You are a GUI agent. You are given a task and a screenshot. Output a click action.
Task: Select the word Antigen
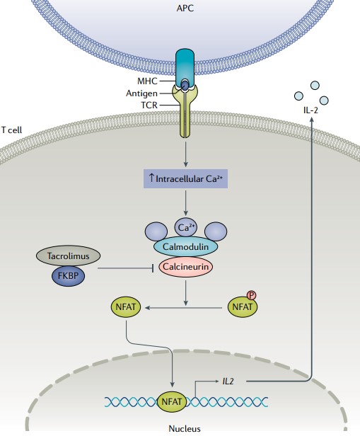pos(141,93)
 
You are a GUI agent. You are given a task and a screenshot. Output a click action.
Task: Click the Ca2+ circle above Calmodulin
pos(185,227)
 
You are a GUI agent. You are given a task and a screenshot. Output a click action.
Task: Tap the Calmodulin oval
pos(185,246)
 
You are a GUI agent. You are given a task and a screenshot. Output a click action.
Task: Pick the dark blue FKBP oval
pos(68,275)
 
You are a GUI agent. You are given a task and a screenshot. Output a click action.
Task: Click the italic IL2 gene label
pos(229,381)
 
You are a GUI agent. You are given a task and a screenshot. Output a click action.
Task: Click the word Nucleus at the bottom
pos(185,428)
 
